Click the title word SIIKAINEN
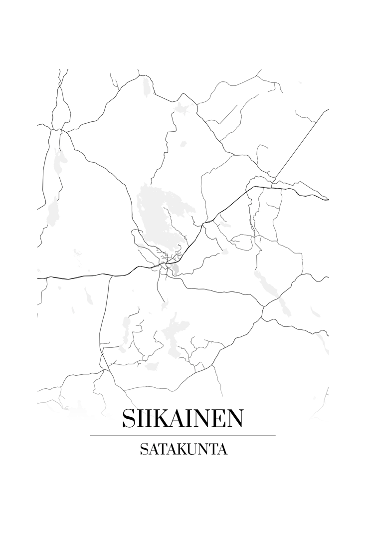coord(182,418)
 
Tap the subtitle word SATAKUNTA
coord(183,449)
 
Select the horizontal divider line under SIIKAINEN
coord(182,436)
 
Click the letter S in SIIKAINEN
coord(128,418)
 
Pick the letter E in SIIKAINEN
coord(217,418)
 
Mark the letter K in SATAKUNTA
coord(180,449)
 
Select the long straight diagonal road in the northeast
coord(299,150)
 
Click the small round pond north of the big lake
coord(183,144)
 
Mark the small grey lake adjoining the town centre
coord(176,270)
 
